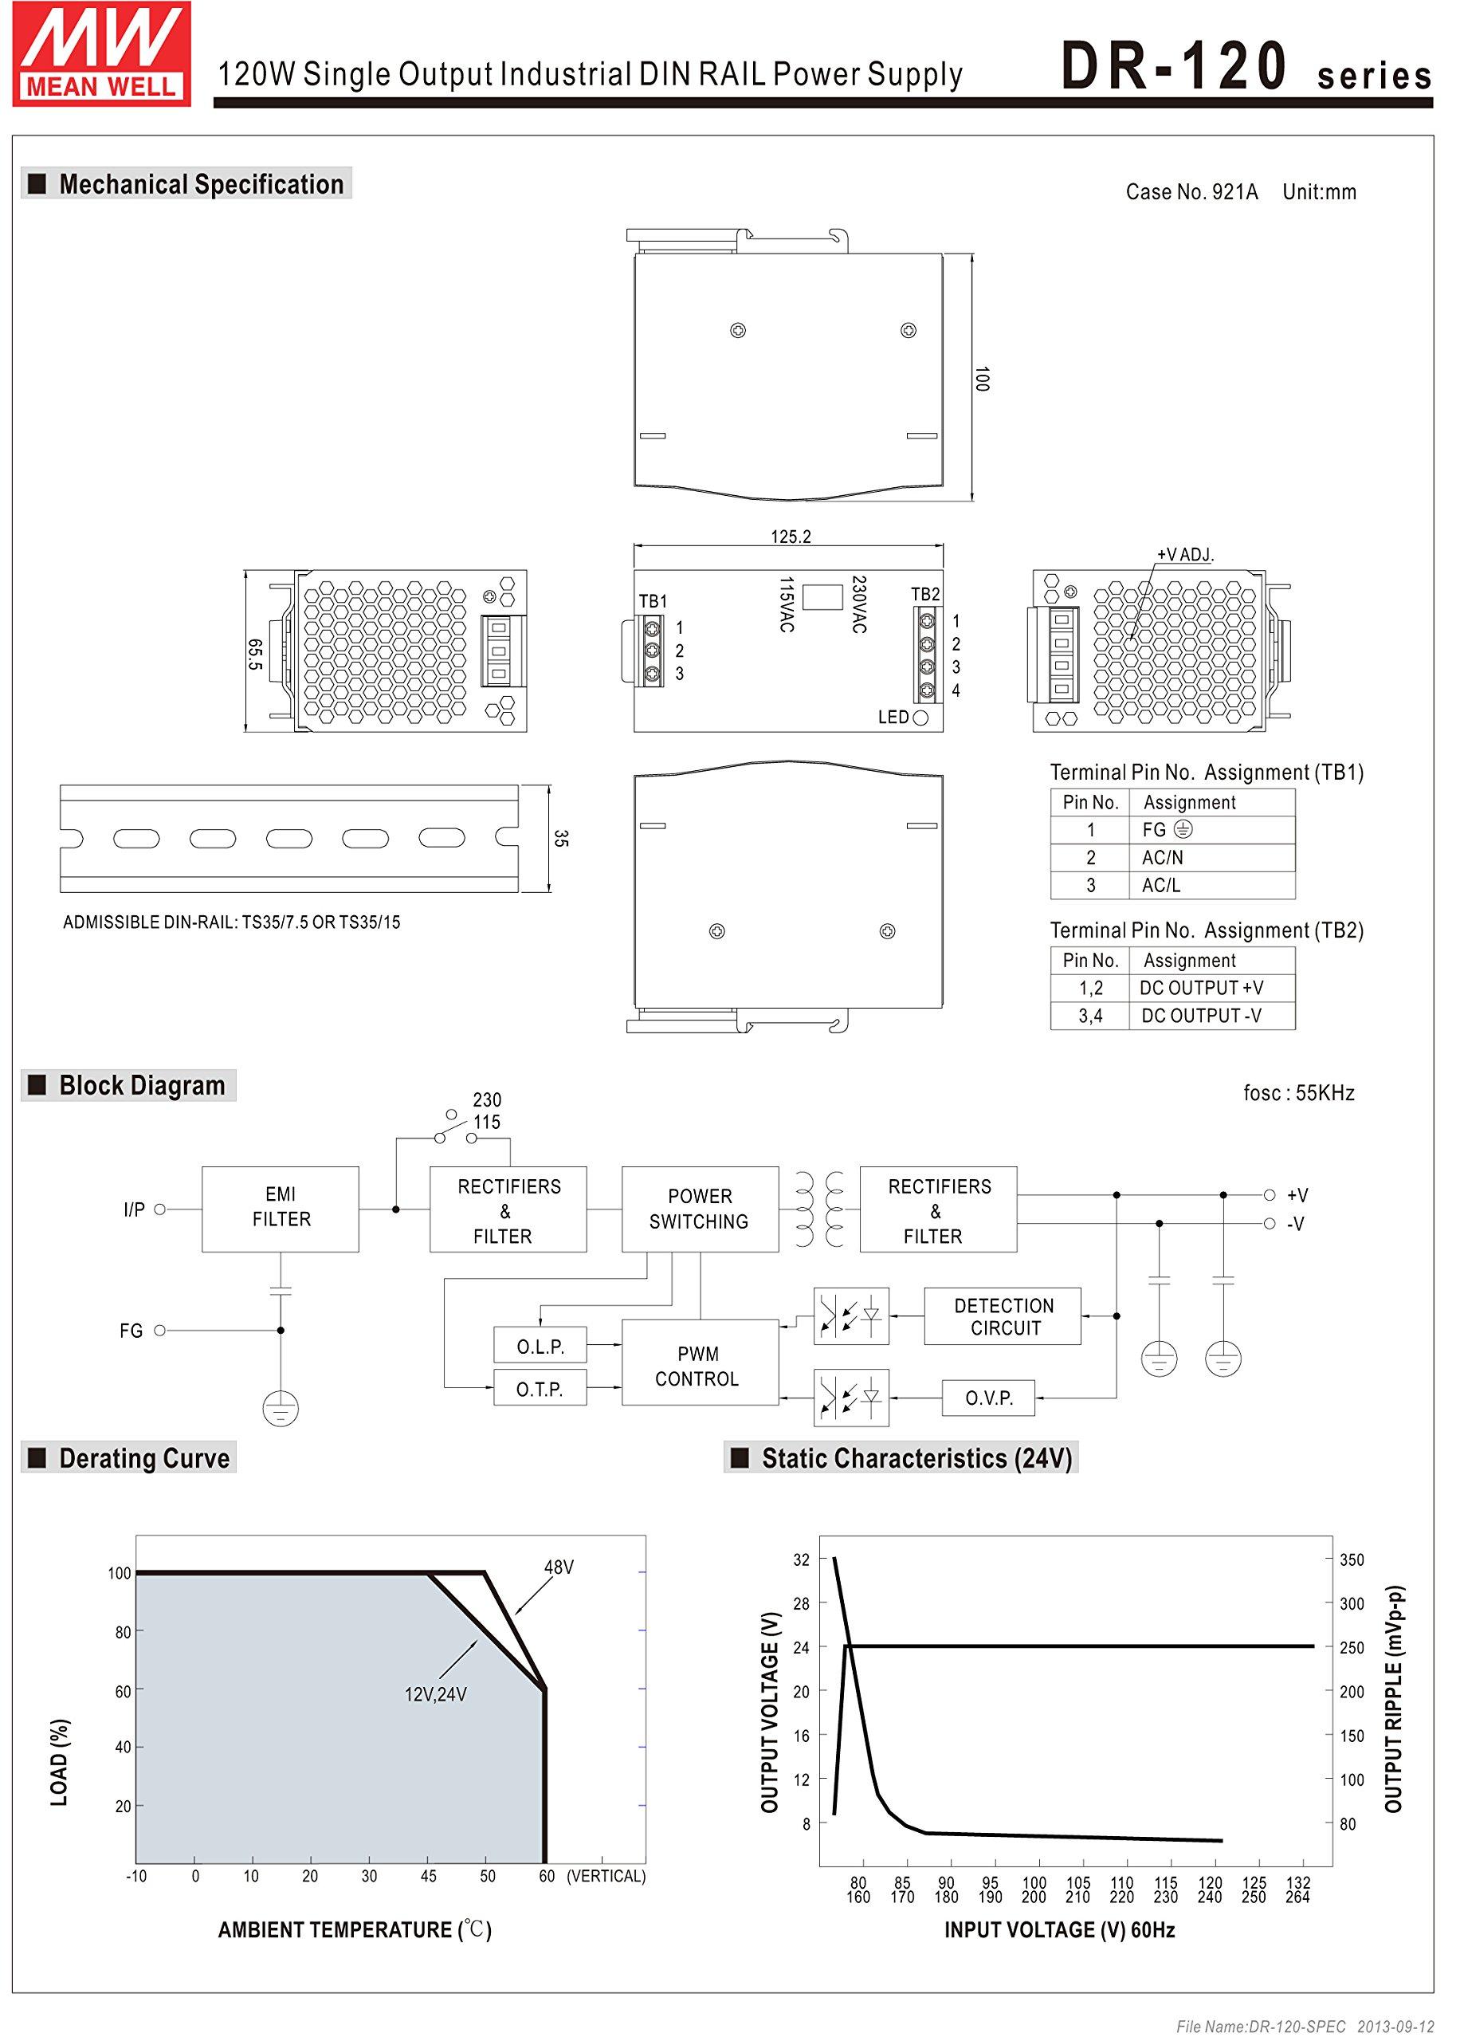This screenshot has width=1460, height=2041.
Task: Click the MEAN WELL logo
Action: [100, 54]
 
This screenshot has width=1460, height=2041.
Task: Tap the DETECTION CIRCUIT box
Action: [1003, 1316]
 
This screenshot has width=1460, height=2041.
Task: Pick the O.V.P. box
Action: [988, 1398]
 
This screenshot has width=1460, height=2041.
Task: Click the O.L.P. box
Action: [540, 1346]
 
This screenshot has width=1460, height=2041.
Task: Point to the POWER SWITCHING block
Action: [700, 1209]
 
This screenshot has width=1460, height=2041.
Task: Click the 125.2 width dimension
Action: [791, 537]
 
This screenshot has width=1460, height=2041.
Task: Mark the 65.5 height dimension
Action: [255, 654]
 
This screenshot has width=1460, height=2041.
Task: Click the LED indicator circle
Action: [920, 718]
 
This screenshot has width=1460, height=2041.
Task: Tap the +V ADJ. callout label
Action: [1184, 555]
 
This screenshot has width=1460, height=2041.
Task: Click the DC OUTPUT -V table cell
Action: [1200, 1016]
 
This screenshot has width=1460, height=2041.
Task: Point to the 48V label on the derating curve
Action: [559, 1567]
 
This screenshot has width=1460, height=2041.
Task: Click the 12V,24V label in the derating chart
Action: [435, 1694]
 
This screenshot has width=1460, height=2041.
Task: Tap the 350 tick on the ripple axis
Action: [1352, 1560]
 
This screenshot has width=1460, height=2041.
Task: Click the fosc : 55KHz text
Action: [1298, 1093]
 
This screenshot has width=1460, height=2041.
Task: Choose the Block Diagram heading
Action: [141, 1085]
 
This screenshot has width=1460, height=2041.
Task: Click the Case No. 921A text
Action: [1191, 191]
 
